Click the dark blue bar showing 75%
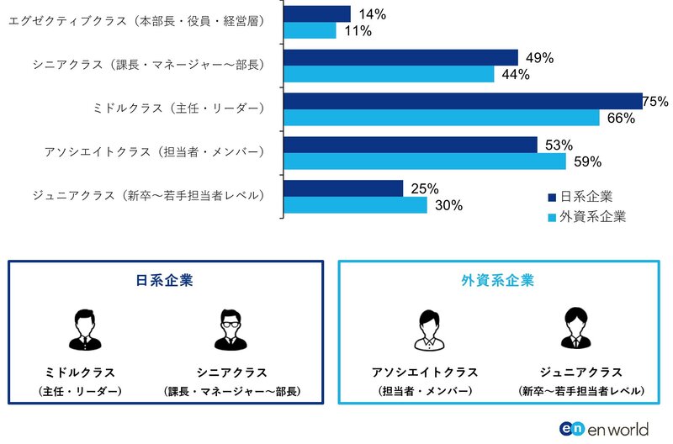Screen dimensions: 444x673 point(463,101)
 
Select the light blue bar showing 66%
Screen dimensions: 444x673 point(442,118)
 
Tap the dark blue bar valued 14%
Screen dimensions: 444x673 point(317,13)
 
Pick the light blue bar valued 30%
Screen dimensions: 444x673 point(356,204)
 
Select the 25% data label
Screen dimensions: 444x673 point(424,188)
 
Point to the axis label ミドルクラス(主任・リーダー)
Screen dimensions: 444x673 point(179,108)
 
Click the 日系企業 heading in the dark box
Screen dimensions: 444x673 point(165,281)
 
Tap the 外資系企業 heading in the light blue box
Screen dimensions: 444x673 point(497,281)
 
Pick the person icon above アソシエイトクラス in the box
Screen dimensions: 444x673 point(425,330)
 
